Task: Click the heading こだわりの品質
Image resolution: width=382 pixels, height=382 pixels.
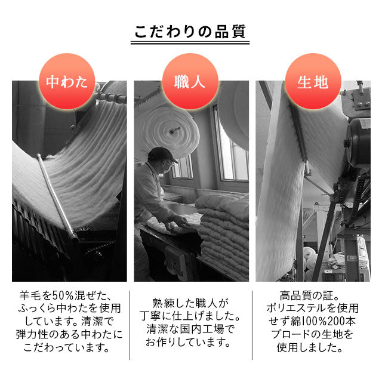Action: pyautogui.click(x=190, y=30)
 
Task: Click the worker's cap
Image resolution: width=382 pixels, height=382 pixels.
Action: pyautogui.click(x=162, y=155)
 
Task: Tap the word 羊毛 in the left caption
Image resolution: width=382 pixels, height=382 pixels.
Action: pyautogui.click(x=27, y=296)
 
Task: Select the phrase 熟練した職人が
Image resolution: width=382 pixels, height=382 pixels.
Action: pyautogui.click(x=191, y=303)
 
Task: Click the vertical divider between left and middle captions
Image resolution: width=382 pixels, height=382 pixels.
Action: pyautogui.click(x=130, y=325)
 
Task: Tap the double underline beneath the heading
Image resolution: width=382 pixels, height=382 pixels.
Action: pyautogui.click(x=190, y=44)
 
